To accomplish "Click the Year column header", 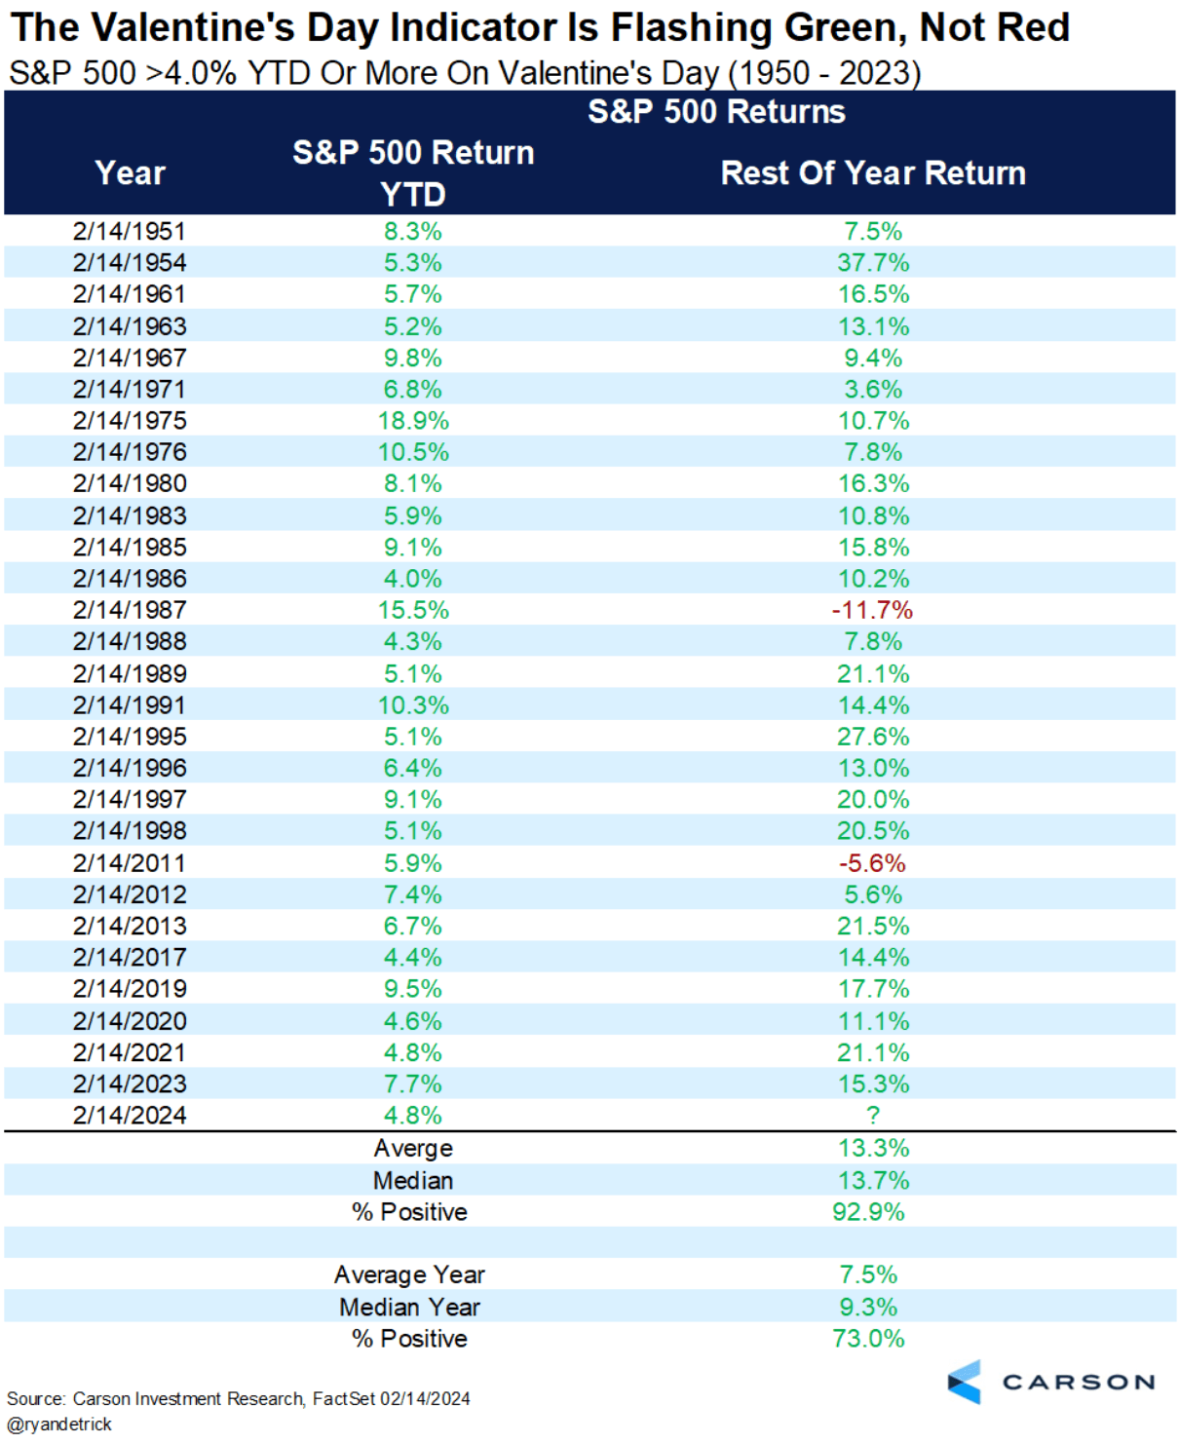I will pos(131,173).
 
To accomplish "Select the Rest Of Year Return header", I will pos(873,173).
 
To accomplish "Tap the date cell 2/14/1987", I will pos(130,610).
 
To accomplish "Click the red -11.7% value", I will pos(872,610).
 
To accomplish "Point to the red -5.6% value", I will pos(872,863).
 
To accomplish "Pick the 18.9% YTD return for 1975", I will pos(413,421).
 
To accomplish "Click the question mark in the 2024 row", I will pos(873,1115).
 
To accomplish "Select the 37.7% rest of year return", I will pos(873,263).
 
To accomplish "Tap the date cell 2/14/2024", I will pos(130,1115).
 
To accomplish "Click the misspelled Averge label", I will pos(413,1149).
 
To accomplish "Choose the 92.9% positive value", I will pos(868,1212).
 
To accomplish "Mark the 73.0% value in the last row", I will pos(868,1339).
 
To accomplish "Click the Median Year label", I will pos(409,1307).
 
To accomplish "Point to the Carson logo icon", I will pos(965,1382).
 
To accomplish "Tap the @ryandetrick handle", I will pos(59,1425).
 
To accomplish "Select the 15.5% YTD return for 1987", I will pos(413,610).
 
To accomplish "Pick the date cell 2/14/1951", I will pos(130,232).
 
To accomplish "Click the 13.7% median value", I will pos(873,1181).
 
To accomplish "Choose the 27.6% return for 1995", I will pos(873,737).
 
